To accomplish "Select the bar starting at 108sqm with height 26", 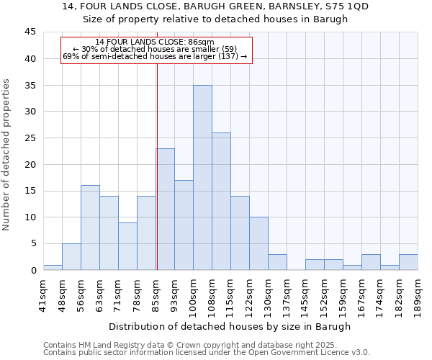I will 221,202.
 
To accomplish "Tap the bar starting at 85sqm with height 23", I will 166,210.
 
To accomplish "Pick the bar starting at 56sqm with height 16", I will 90,228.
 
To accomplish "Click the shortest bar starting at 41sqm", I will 53,267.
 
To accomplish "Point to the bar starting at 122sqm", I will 258,243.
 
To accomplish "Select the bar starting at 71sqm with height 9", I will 127,246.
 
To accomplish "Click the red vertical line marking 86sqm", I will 157,166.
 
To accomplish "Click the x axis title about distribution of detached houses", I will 230,326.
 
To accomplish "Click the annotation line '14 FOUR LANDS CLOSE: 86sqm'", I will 155,42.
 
